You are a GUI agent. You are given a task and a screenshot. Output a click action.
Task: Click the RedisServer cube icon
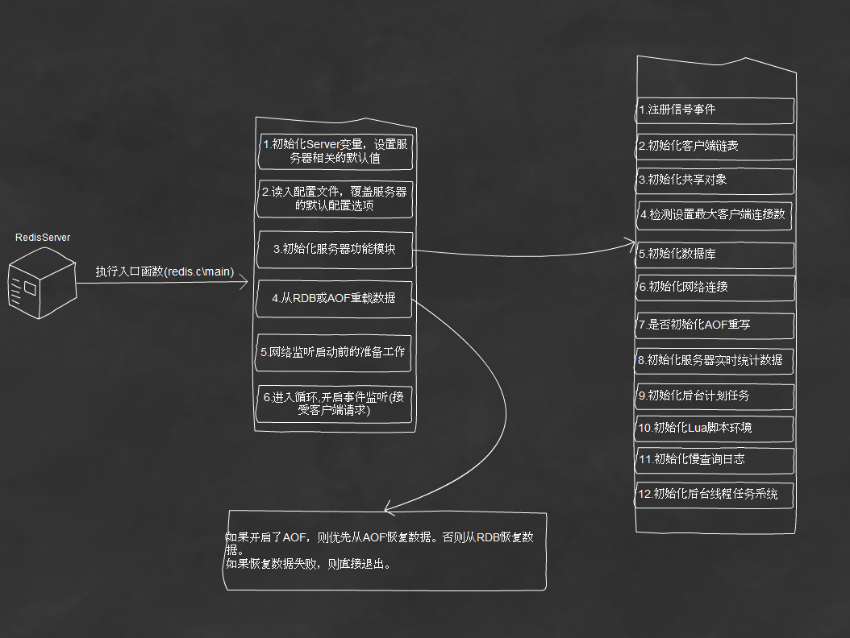click(42, 283)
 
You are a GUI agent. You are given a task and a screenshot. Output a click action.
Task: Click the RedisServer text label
click(43, 237)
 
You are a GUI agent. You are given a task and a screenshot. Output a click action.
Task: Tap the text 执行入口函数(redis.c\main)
click(165, 271)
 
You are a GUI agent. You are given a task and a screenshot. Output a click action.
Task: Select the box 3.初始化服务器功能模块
click(335, 250)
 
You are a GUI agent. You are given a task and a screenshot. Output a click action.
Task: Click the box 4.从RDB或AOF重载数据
click(334, 298)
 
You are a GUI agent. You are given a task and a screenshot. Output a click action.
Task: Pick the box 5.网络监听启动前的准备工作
click(333, 353)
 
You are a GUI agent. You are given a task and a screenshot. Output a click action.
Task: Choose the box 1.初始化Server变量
click(335, 151)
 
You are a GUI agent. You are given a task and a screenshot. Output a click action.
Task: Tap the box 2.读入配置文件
click(335, 199)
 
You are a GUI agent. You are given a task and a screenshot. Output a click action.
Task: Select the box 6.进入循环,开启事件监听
click(335, 404)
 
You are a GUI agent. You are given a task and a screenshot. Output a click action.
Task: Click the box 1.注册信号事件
click(715, 110)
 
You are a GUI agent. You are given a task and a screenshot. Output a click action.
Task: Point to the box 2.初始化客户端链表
click(715, 147)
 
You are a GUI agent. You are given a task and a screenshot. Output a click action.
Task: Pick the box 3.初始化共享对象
click(715, 181)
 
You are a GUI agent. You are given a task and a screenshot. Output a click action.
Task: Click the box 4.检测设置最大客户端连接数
click(714, 215)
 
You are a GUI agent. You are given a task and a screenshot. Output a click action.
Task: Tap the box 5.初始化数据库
click(715, 255)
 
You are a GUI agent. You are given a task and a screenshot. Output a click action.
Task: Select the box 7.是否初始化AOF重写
click(715, 325)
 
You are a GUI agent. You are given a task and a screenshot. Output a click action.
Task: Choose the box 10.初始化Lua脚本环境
click(715, 429)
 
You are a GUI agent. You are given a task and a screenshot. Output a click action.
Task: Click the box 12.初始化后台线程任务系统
click(715, 495)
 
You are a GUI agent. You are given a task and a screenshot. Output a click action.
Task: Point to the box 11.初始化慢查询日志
click(715, 460)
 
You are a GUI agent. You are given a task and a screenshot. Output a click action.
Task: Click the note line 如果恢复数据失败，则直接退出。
click(308, 564)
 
